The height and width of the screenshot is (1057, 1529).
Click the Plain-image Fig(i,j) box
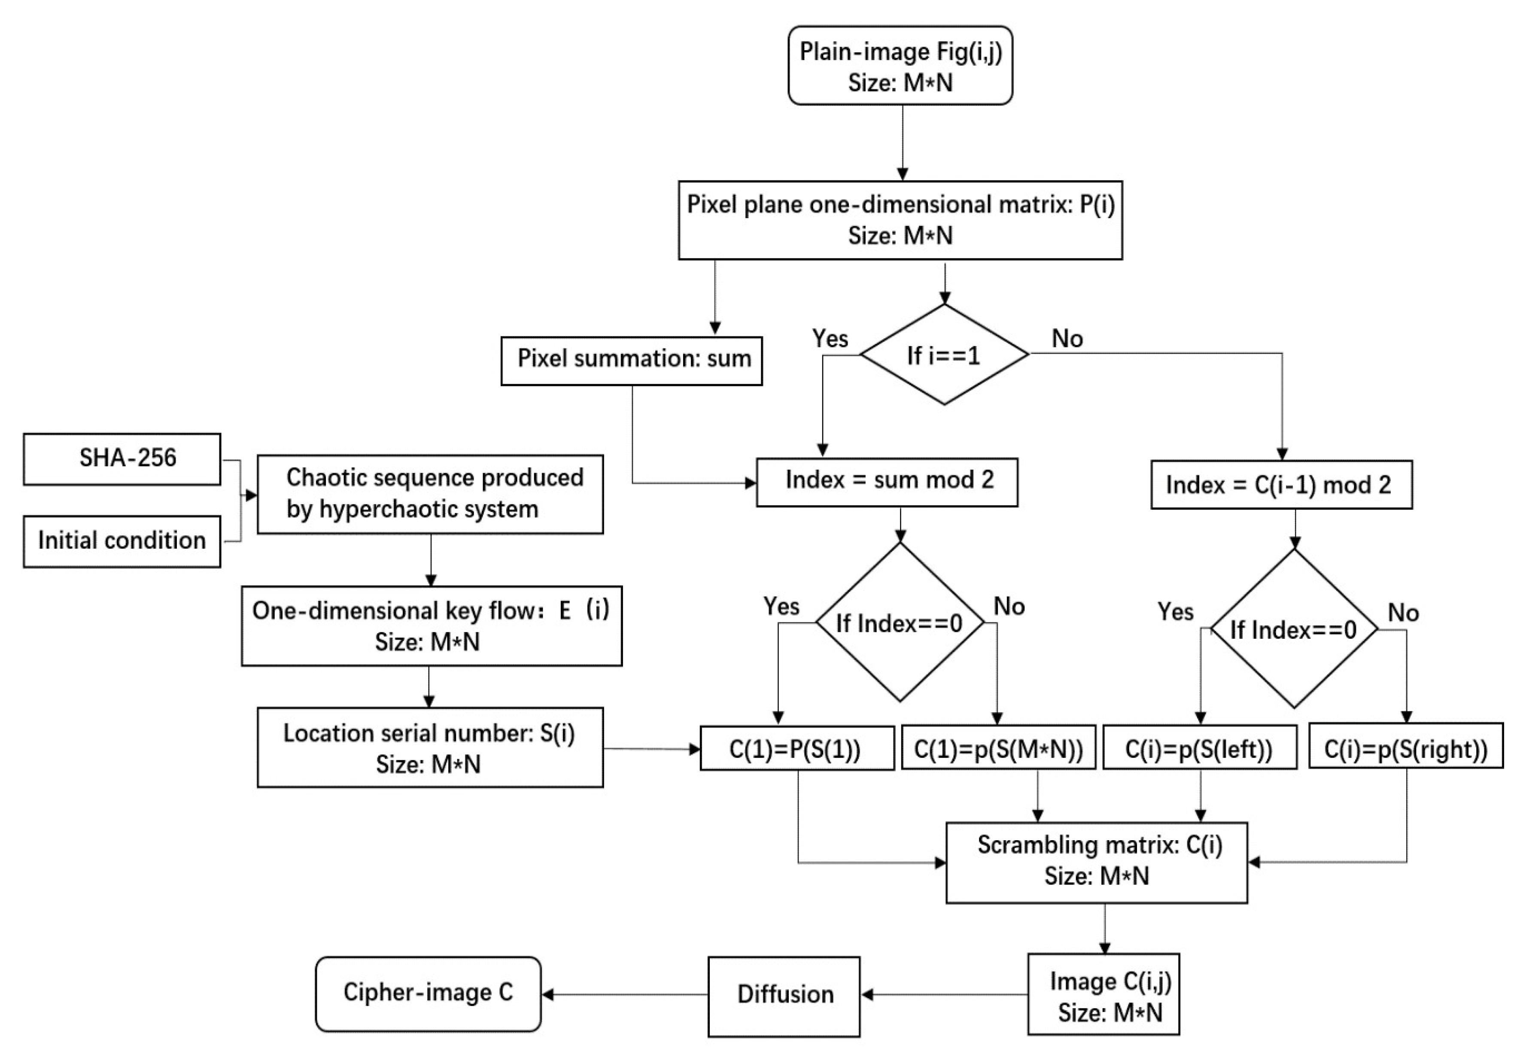click(x=900, y=66)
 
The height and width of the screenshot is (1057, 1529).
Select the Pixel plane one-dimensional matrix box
click(x=900, y=220)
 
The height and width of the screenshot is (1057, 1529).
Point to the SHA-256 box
click(x=122, y=459)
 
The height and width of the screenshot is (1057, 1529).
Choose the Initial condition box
click(x=122, y=541)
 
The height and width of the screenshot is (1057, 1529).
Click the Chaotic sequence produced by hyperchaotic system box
click(x=430, y=494)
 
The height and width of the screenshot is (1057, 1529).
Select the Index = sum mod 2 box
click(x=887, y=482)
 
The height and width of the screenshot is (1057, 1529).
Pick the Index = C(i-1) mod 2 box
click(x=1281, y=485)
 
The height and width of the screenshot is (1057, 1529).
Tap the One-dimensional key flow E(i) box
click(x=431, y=626)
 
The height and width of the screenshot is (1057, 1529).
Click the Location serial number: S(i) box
click(x=430, y=748)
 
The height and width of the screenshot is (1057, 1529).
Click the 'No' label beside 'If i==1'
click(x=1067, y=339)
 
